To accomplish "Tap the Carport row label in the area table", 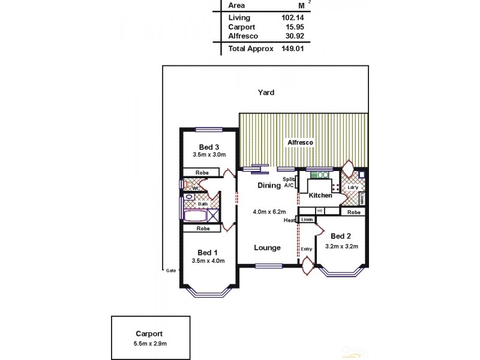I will (241, 27).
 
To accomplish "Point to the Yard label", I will (266, 92).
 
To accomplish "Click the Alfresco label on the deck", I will (301, 143).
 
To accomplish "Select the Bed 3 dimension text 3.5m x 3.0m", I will (209, 154).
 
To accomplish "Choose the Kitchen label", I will (320, 196).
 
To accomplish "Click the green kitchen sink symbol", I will (320, 175).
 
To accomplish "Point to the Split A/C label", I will (289, 182).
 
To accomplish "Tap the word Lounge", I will (267, 248).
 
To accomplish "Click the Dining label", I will (269, 185).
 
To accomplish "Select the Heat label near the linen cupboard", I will (289, 220).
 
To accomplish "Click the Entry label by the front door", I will (307, 248).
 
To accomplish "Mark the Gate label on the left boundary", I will (171, 271).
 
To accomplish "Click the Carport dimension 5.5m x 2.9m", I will (149, 343).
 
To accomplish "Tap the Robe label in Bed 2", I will (354, 212).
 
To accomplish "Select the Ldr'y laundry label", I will (353, 187).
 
